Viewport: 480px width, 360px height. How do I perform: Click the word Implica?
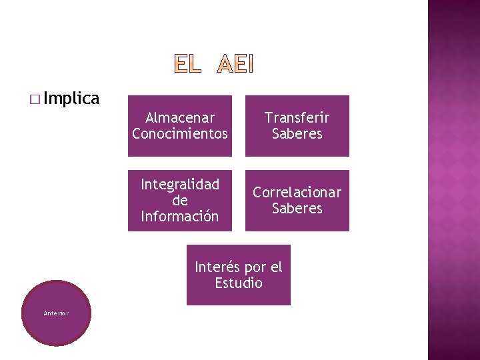pyautogui.click(x=73, y=99)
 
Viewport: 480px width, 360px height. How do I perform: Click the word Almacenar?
pyautogui.click(x=180, y=118)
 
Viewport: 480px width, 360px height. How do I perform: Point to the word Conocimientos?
pyautogui.click(x=180, y=134)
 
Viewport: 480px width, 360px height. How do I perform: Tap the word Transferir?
pyautogui.click(x=297, y=118)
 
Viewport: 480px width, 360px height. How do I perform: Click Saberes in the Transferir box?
pyautogui.click(x=297, y=134)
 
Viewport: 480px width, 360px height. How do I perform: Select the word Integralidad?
pyautogui.click(x=180, y=185)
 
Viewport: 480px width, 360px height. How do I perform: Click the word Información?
pyautogui.click(x=180, y=216)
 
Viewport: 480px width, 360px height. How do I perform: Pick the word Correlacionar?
pyautogui.click(x=297, y=193)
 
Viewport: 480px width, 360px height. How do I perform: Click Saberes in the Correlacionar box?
pyautogui.click(x=297, y=209)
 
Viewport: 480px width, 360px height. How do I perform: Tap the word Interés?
pyautogui.click(x=217, y=267)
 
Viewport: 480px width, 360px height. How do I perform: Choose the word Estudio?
pyautogui.click(x=239, y=283)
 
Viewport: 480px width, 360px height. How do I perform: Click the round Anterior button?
pyautogui.click(x=57, y=313)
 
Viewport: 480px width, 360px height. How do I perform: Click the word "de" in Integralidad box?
pyautogui.click(x=180, y=201)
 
